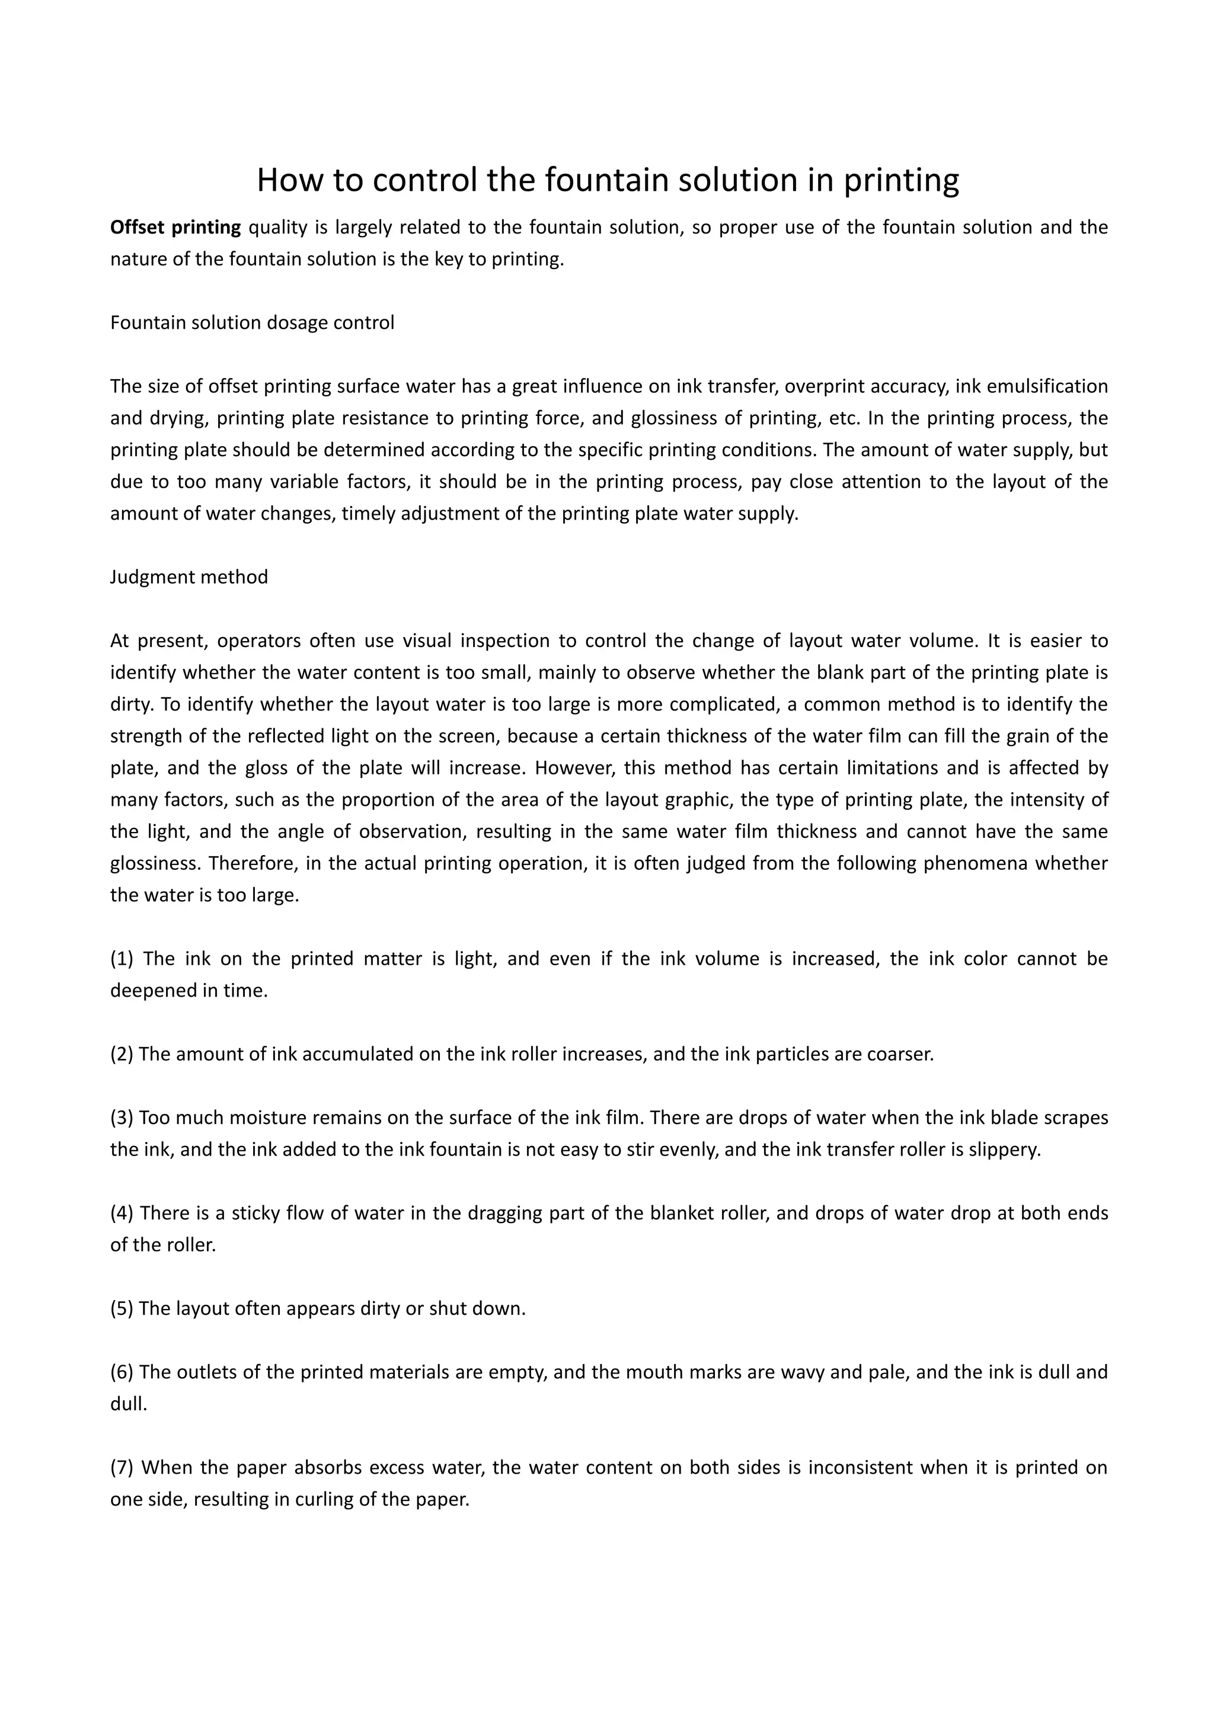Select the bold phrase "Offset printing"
(175, 227)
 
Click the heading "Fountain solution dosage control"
(252, 323)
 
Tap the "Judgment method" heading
(189, 577)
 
